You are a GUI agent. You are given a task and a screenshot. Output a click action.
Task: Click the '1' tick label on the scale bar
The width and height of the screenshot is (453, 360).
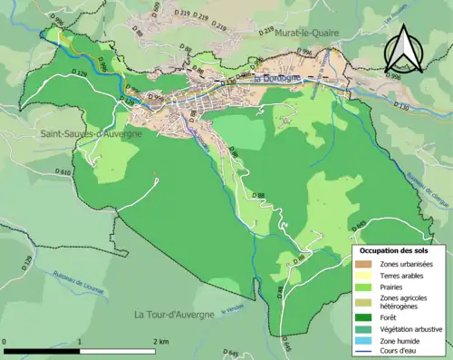click(82, 340)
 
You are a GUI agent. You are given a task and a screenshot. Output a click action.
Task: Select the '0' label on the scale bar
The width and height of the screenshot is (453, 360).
click(5, 340)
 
